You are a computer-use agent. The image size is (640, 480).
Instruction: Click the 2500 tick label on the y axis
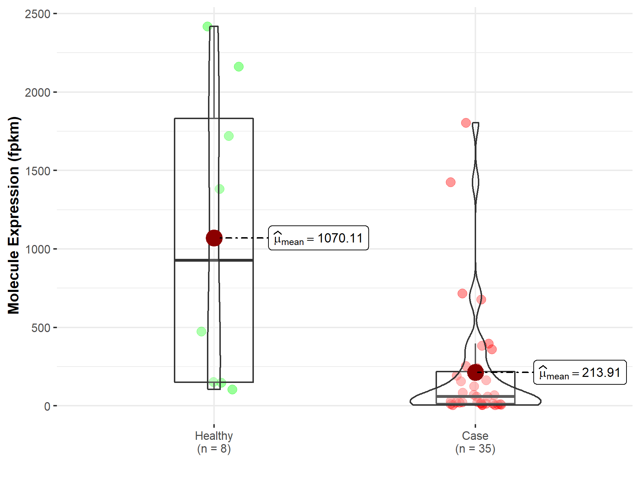pos(37,14)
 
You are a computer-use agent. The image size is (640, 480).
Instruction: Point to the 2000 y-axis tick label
pos(37,92)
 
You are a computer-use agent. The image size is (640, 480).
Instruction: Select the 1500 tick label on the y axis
pos(37,171)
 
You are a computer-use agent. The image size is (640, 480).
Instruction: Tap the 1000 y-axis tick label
pos(37,249)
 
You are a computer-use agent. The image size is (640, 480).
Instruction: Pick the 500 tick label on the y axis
pos(41,328)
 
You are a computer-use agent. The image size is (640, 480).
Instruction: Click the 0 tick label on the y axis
pos(47,406)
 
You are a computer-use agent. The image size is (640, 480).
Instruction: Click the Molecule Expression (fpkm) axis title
pos(14,215)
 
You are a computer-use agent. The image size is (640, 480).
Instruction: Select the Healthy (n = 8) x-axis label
pos(214,442)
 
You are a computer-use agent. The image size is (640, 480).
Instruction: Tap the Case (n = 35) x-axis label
pos(475,442)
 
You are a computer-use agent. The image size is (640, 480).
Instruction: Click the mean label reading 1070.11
pos(319,238)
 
